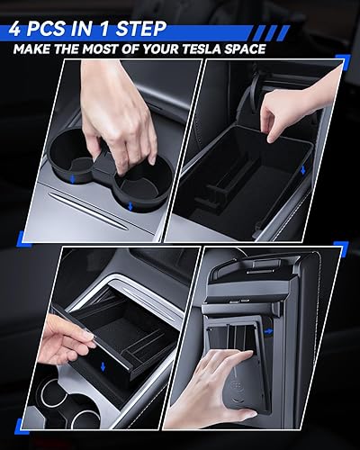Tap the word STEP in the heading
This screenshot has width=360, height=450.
[141, 29]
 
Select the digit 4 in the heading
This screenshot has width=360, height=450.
[15, 29]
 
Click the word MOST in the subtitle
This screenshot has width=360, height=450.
[100, 49]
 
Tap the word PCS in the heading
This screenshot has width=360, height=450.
[46, 29]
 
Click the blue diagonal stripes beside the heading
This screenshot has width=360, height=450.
[273, 33]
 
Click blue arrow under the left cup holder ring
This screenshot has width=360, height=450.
[72, 180]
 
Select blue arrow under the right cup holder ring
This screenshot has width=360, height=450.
[130, 206]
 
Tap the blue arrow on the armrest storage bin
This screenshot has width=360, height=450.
[303, 170]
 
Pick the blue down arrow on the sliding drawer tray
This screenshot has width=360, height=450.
[103, 366]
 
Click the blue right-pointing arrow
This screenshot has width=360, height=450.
[269, 331]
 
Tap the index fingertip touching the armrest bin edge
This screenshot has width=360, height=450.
[272, 138]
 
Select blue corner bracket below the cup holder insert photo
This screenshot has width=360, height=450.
[23, 239]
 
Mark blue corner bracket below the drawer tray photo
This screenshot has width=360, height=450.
[22, 427]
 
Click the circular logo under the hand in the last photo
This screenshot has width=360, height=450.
[237, 387]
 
